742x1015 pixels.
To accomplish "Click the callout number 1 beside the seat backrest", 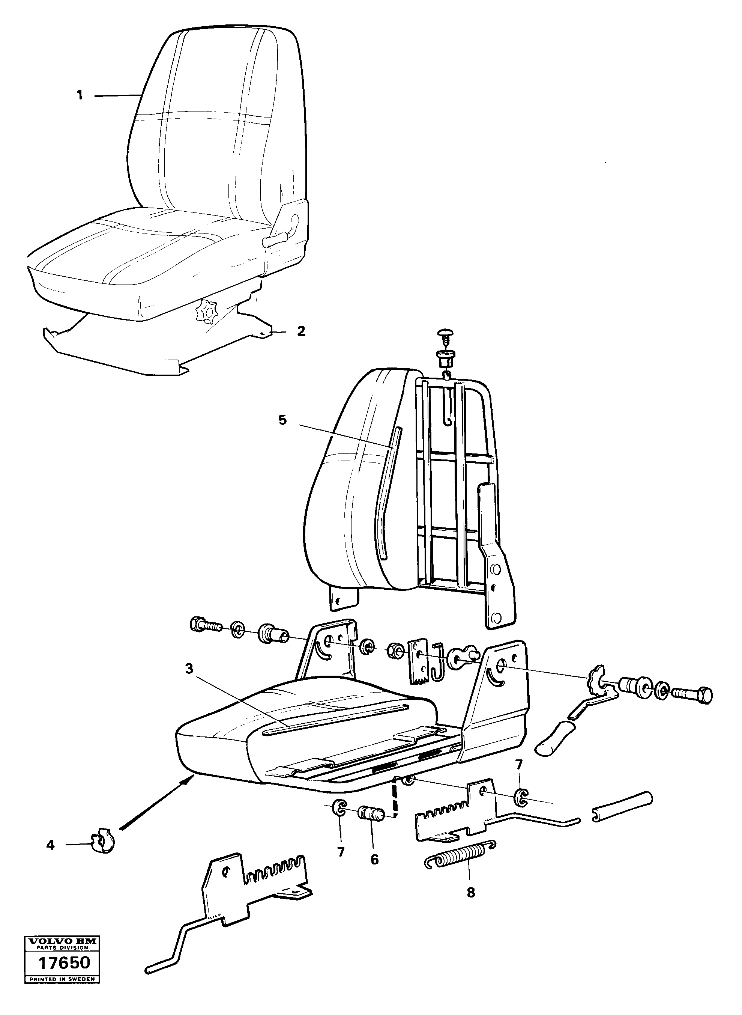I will click(x=80, y=95).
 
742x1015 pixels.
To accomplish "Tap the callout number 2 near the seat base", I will click(x=301, y=331).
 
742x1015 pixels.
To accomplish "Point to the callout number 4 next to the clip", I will click(x=50, y=846).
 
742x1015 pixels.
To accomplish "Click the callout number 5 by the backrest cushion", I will click(x=282, y=420).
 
